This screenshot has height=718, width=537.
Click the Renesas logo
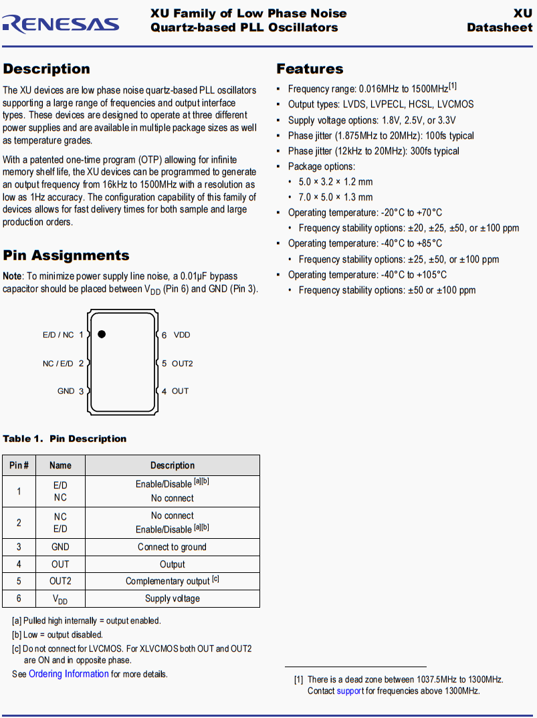point(61,23)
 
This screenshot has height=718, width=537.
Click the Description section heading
point(46,69)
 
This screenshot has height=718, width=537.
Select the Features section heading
point(310,69)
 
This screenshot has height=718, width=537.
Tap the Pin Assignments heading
point(66,255)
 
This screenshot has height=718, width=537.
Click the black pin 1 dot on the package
point(102,334)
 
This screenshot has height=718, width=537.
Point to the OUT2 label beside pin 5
point(182,364)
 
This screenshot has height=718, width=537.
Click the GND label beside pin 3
point(66,391)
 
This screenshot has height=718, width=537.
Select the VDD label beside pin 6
point(182,335)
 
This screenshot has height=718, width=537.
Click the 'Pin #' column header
point(19,465)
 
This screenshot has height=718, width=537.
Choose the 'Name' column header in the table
point(60,465)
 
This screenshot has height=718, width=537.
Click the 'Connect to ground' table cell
point(172,547)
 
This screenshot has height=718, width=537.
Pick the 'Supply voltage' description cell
point(172,598)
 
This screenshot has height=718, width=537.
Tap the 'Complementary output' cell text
point(168,581)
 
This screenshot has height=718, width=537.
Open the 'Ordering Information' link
point(68,674)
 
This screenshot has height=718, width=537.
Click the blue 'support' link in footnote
point(350,691)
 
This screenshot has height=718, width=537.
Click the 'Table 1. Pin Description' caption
point(65,439)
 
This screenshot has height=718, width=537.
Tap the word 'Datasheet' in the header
point(500,27)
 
